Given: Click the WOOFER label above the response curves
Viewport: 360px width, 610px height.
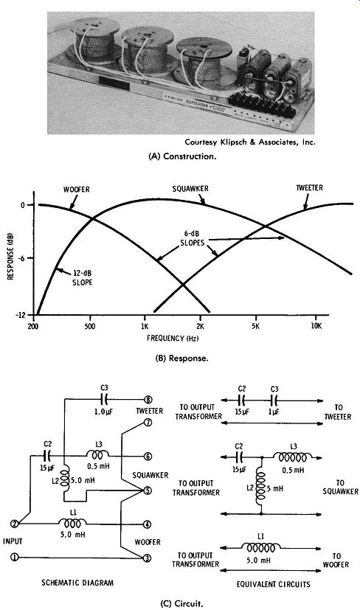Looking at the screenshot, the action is (76, 190).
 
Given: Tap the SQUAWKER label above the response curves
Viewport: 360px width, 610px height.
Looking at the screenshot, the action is (190, 189).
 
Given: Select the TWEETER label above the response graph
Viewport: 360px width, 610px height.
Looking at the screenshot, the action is (309, 188).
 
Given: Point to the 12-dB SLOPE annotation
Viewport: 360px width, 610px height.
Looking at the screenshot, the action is (83, 279).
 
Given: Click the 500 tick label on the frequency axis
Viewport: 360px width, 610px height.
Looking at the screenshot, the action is (90, 327).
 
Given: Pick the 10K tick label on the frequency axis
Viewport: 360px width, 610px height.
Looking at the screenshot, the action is (316, 326).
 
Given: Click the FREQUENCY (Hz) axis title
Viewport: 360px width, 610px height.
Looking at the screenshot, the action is (173, 338).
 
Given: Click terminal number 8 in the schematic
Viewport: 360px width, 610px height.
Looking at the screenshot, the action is (148, 400).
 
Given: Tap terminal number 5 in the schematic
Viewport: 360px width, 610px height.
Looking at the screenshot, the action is (148, 491).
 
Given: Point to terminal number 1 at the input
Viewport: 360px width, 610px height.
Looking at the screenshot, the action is (15, 558).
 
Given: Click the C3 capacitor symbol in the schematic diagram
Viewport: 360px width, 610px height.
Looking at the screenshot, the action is (104, 400).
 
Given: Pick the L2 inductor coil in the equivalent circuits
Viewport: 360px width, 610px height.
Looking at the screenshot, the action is (260, 489).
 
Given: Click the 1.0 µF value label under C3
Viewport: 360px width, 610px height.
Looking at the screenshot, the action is (104, 412).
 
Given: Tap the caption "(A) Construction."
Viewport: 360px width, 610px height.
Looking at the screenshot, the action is (182, 156).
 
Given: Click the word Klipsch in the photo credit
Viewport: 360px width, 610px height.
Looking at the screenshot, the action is (231, 142).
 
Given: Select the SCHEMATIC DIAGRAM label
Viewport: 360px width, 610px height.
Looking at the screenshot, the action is (78, 583).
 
